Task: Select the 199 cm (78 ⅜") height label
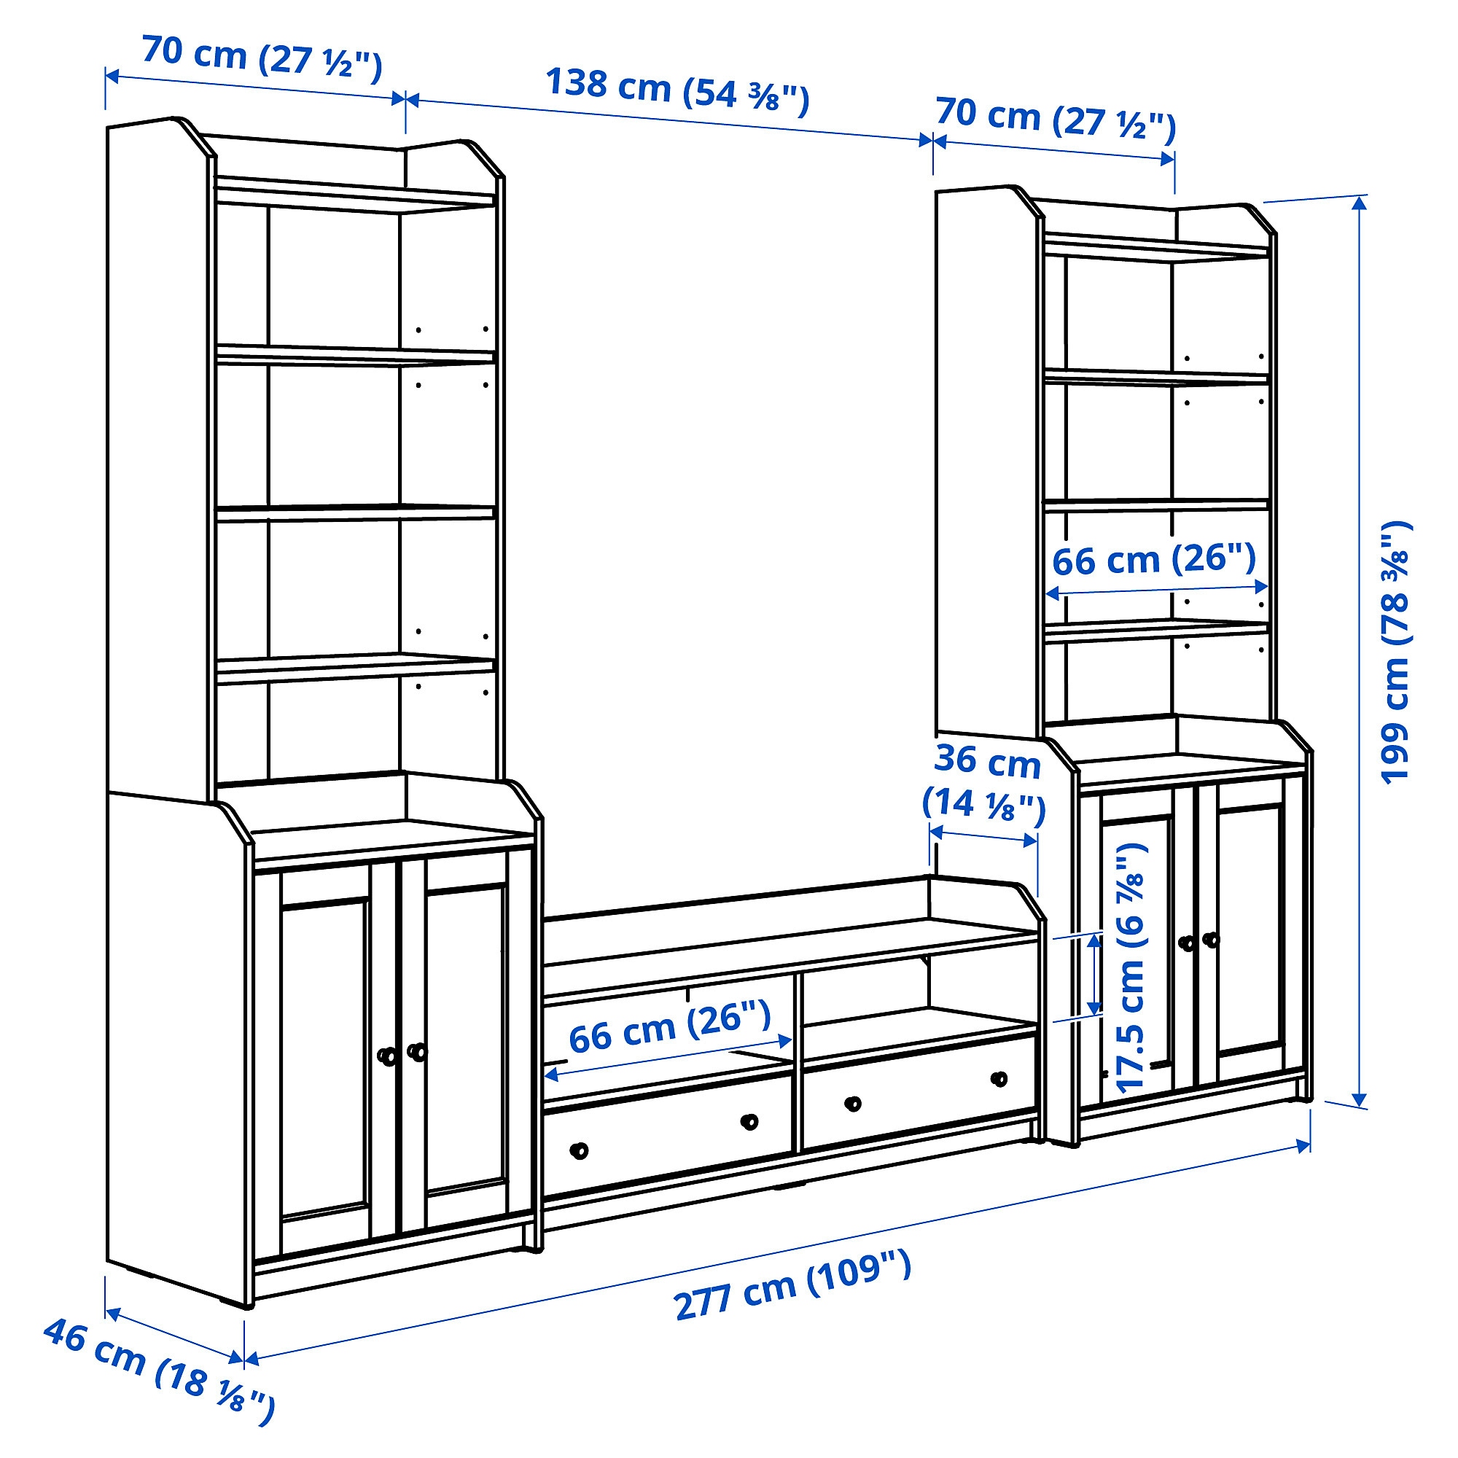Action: click(1395, 652)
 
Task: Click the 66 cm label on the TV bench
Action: click(669, 1027)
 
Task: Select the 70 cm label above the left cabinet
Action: click(262, 58)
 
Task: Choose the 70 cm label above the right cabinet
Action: click(1055, 119)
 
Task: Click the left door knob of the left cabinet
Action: click(387, 1056)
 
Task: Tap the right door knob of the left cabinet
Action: click(416, 1051)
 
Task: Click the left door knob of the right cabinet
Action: click(1187, 943)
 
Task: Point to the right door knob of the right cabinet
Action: click(1210, 940)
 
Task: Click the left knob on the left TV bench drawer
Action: click(579, 1151)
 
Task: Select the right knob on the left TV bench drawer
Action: click(749, 1122)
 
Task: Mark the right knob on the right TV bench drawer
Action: click(999, 1079)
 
